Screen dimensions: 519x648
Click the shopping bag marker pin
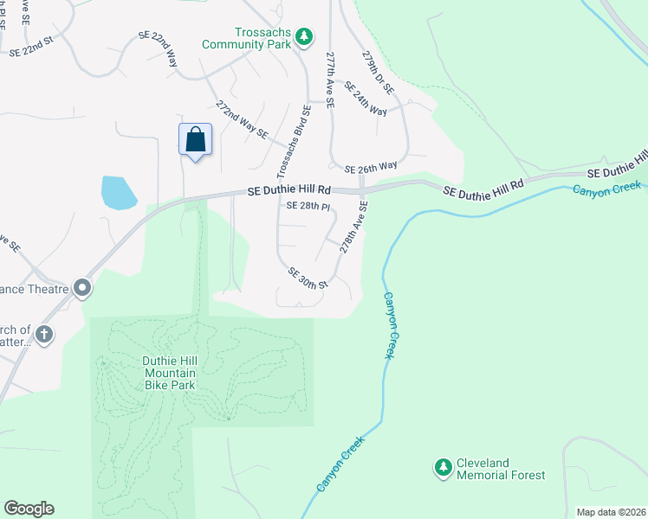195,140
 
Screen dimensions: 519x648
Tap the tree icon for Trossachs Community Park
303,36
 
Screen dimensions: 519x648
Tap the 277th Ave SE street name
330,77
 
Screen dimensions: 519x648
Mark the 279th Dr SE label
378,73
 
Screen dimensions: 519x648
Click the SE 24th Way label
365,99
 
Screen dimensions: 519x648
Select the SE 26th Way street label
370,166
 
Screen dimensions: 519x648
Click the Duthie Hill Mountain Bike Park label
170,373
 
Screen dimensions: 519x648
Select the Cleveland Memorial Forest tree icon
444,468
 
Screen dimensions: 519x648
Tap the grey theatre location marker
82,287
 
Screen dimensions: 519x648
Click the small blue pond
118,193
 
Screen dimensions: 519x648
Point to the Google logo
29,509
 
